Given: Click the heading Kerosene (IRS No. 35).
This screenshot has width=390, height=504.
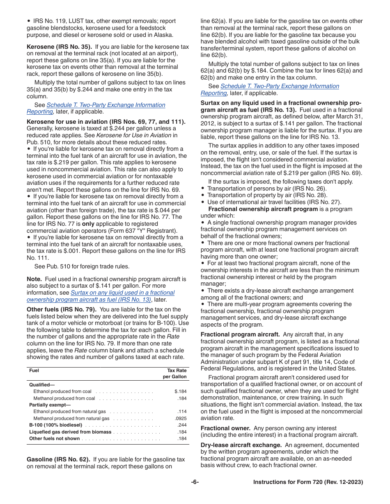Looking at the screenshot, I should tap(59, 47).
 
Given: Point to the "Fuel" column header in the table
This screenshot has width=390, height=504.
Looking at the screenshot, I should tap(34, 370).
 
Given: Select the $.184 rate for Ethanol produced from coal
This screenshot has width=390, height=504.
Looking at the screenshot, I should tap(180, 391).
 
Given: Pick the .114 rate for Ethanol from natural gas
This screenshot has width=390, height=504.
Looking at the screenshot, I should tap(182, 411).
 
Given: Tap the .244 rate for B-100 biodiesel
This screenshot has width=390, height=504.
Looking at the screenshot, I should tap(182, 425).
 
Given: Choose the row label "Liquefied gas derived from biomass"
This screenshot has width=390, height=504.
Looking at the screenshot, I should tap(70, 432).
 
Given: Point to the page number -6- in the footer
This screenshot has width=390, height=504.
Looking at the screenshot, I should tap(195, 482).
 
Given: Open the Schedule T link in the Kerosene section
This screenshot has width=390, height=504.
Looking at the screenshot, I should tap(106, 105).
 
